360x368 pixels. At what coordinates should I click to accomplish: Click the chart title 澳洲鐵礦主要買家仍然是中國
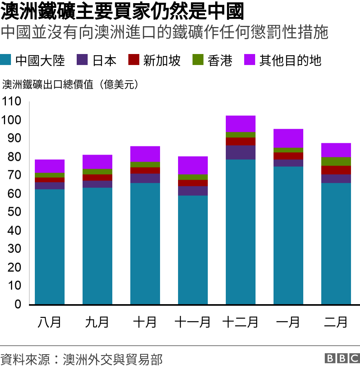click(122, 12)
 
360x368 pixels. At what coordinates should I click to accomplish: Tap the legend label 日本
click(104, 60)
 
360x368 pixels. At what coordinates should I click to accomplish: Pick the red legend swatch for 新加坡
click(134, 60)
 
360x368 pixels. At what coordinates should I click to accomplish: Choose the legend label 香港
click(220, 60)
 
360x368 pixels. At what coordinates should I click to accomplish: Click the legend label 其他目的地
click(290, 60)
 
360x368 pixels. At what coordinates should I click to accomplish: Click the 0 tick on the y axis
click(18, 304)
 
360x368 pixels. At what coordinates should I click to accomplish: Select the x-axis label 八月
click(50, 322)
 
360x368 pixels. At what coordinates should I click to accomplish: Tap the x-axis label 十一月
click(193, 322)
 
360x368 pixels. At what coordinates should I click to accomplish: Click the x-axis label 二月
click(336, 322)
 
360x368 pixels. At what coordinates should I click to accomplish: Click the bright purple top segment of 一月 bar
click(288, 138)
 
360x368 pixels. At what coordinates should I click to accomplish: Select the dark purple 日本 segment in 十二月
click(241, 152)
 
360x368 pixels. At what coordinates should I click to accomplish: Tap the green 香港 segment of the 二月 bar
click(336, 161)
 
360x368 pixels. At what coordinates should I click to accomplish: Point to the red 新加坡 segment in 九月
click(97, 177)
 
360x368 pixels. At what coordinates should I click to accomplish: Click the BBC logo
click(342, 358)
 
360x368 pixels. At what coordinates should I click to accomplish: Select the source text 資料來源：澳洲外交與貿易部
click(81, 359)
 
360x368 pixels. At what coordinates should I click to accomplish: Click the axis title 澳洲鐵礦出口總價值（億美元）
click(70, 85)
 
